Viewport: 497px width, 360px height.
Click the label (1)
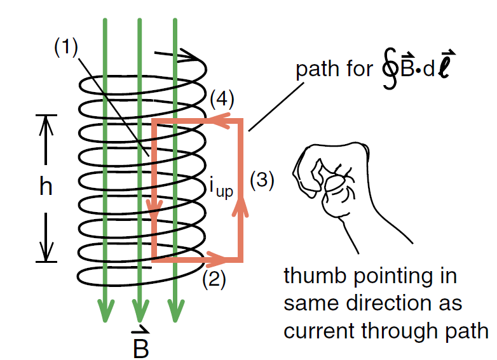point(65,46)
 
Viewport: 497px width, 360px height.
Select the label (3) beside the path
point(261,180)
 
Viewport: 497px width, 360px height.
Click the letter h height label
point(44,187)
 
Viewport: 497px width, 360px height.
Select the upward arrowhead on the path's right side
point(241,205)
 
